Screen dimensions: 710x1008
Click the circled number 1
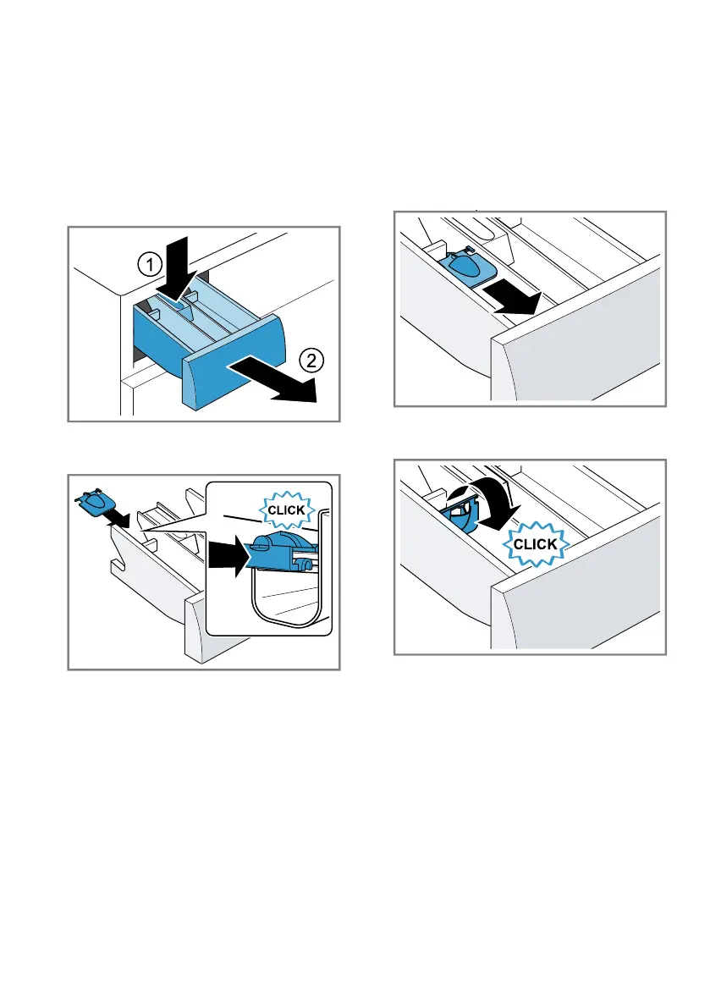[x=151, y=264]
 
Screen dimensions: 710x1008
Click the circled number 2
[x=311, y=361]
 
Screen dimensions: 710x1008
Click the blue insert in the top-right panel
[x=468, y=266]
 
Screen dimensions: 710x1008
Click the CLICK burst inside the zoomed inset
[x=287, y=510]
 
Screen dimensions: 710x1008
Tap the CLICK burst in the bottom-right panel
[x=535, y=544]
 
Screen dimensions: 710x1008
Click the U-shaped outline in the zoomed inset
[x=286, y=598]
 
